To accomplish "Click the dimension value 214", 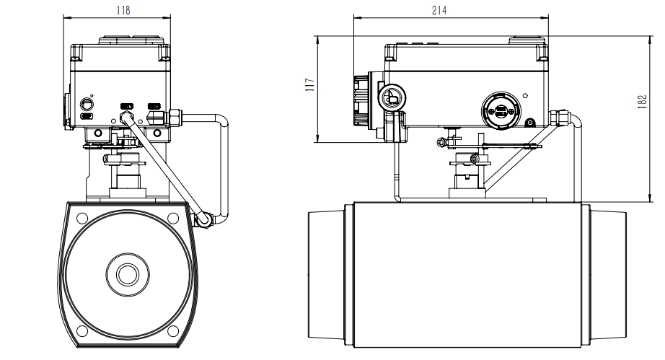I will click(439, 9).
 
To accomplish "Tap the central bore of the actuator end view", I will click(128, 273).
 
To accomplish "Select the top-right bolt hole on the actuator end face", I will click(173, 218).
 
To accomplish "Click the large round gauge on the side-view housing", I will click(501, 110).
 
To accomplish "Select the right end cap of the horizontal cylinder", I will click(609, 274).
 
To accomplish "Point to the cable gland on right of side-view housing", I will click(559, 115).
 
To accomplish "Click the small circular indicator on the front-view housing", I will click(87, 102).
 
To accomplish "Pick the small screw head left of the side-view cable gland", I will click(530, 123).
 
